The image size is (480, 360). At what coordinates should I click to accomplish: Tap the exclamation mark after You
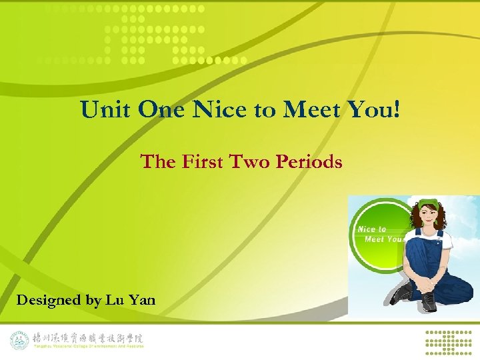[x=397, y=110]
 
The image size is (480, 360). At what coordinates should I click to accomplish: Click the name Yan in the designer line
[x=141, y=301]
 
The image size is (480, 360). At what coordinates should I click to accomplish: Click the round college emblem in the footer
[x=19, y=340]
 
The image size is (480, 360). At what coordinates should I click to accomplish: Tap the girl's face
[x=428, y=217]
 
